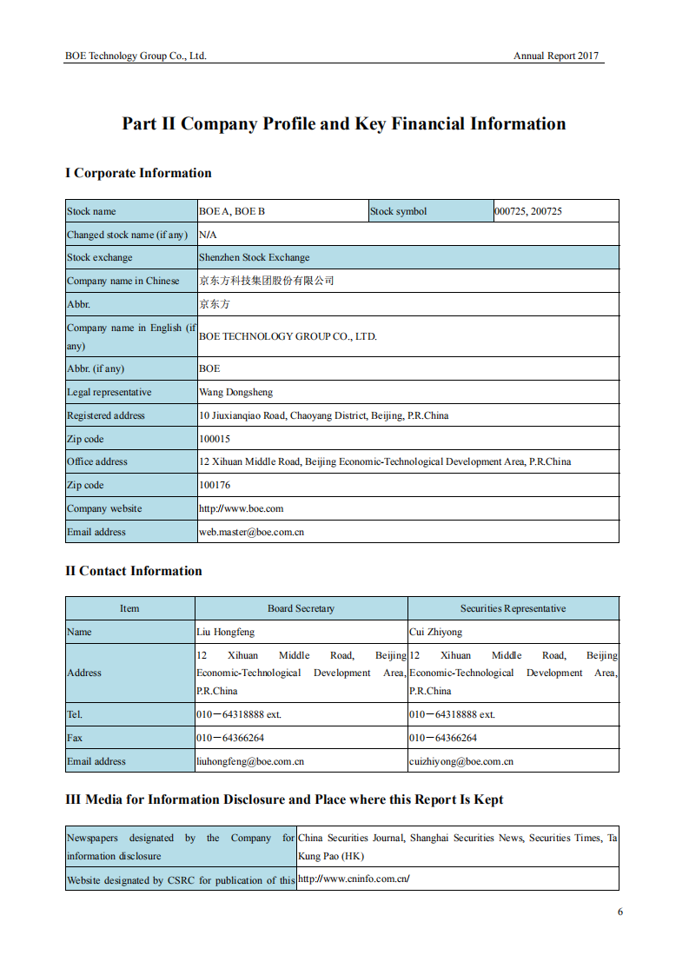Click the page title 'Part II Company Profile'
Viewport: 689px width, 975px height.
pos(343,124)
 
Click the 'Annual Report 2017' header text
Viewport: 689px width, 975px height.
pos(556,56)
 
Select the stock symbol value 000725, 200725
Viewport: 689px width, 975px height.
pos(528,211)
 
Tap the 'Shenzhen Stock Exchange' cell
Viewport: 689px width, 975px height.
pos(255,258)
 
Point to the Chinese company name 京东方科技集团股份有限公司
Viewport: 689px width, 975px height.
pos(267,281)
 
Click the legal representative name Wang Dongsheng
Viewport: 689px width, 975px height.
pos(235,392)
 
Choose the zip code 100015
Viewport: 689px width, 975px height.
pos(215,439)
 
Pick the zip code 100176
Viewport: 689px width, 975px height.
pos(215,485)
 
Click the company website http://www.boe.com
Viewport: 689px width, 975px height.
pos(242,508)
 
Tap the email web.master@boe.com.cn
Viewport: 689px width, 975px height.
pos(252,532)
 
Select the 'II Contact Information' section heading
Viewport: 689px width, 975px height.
pos(134,571)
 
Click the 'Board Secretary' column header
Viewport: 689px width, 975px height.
pos(301,608)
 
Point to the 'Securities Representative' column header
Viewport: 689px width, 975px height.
pos(513,608)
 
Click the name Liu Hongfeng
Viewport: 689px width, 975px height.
pos(226,632)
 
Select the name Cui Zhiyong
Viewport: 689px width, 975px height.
pos(436,632)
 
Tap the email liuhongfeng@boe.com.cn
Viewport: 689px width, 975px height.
pos(250,761)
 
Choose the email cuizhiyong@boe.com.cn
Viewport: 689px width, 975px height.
pos(461,761)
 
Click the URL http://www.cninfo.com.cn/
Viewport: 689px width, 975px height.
pos(354,879)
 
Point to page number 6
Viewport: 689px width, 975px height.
pos(620,912)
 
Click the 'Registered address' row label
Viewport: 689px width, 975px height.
pos(106,415)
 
